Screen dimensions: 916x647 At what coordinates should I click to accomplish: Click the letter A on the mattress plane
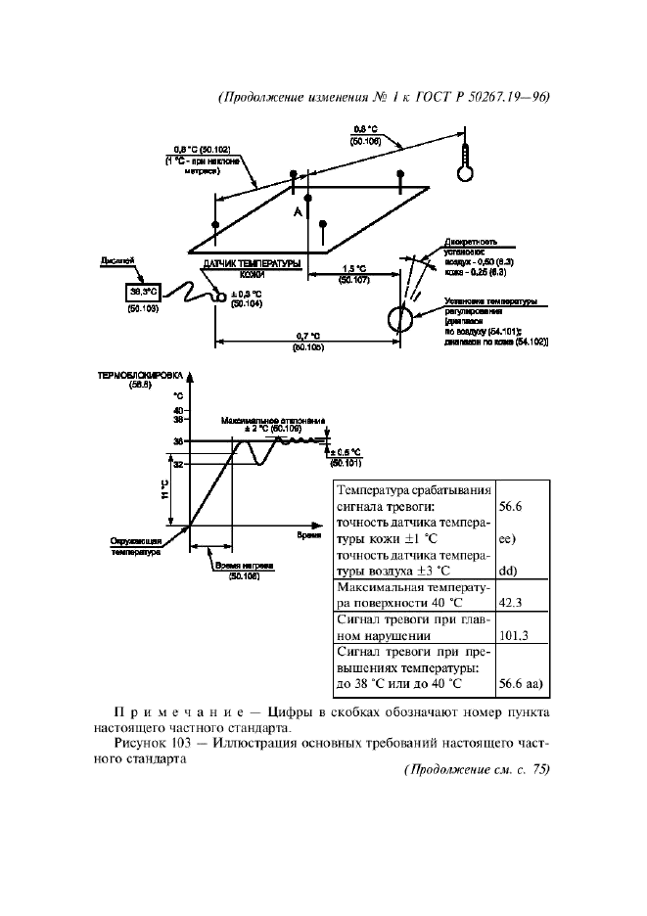coord(295,211)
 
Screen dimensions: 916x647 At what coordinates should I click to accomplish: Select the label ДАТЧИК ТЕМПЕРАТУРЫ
coord(253,265)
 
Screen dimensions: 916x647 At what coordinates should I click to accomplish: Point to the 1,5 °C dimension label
coord(354,268)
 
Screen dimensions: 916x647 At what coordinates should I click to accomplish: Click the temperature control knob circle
coord(397,318)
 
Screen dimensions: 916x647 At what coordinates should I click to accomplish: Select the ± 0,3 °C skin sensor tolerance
coord(247,294)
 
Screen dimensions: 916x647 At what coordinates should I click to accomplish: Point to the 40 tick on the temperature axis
coord(178,409)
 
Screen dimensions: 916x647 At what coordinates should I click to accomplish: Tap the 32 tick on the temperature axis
coord(178,464)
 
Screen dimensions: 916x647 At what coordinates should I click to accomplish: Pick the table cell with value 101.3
coord(514,635)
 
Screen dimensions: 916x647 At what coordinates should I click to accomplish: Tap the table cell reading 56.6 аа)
coord(520,684)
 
